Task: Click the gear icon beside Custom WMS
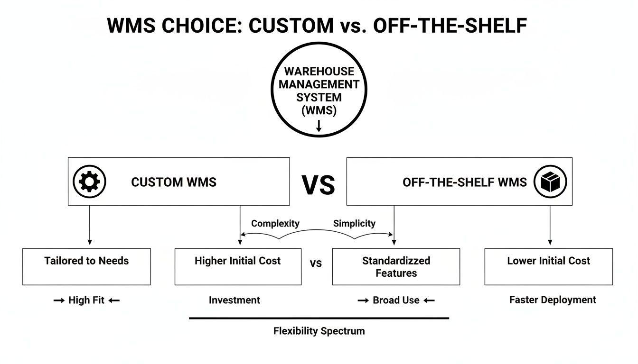(x=89, y=182)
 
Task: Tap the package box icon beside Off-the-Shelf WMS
(x=550, y=182)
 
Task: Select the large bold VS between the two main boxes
(x=318, y=185)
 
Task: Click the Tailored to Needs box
(x=86, y=266)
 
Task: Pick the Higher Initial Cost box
(x=238, y=266)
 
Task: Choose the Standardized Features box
(x=396, y=266)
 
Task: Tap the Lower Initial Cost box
(x=548, y=266)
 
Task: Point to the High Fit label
(x=86, y=300)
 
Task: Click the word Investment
(x=235, y=300)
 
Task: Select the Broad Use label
(x=396, y=300)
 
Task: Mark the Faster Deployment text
(x=553, y=300)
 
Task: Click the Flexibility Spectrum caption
(x=319, y=331)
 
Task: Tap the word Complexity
(x=275, y=223)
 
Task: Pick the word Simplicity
(x=354, y=223)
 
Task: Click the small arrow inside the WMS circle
(x=319, y=126)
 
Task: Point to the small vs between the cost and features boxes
(x=316, y=264)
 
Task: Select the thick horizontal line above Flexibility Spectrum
(x=319, y=318)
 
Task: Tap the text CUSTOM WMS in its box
(x=174, y=182)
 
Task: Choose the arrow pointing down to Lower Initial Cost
(x=550, y=227)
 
